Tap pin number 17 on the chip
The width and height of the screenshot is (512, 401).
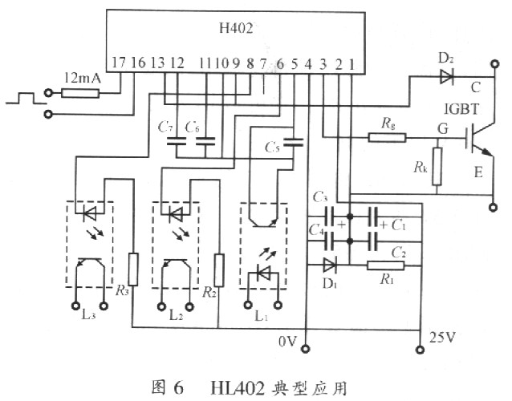click(x=119, y=63)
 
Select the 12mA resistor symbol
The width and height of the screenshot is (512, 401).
click(x=80, y=93)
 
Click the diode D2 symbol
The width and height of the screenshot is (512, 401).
click(x=446, y=78)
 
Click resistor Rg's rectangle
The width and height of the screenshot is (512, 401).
click(x=381, y=136)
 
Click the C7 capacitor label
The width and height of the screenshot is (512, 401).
click(x=165, y=127)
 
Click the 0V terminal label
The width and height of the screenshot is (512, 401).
click(x=287, y=342)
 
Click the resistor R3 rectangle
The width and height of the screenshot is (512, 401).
click(x=133, y=266)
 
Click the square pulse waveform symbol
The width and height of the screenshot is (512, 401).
click(x=22, y=99)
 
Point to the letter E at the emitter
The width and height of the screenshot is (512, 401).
click(x=479, y=172)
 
